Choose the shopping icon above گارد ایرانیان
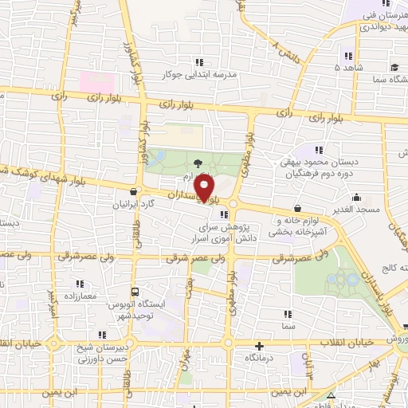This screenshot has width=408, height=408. tap(134, 192)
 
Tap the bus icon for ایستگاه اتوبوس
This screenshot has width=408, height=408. tap(135, 292)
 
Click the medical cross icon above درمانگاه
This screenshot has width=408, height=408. tap(258, 347)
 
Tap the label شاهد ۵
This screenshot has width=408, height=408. tap(351, 69)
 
